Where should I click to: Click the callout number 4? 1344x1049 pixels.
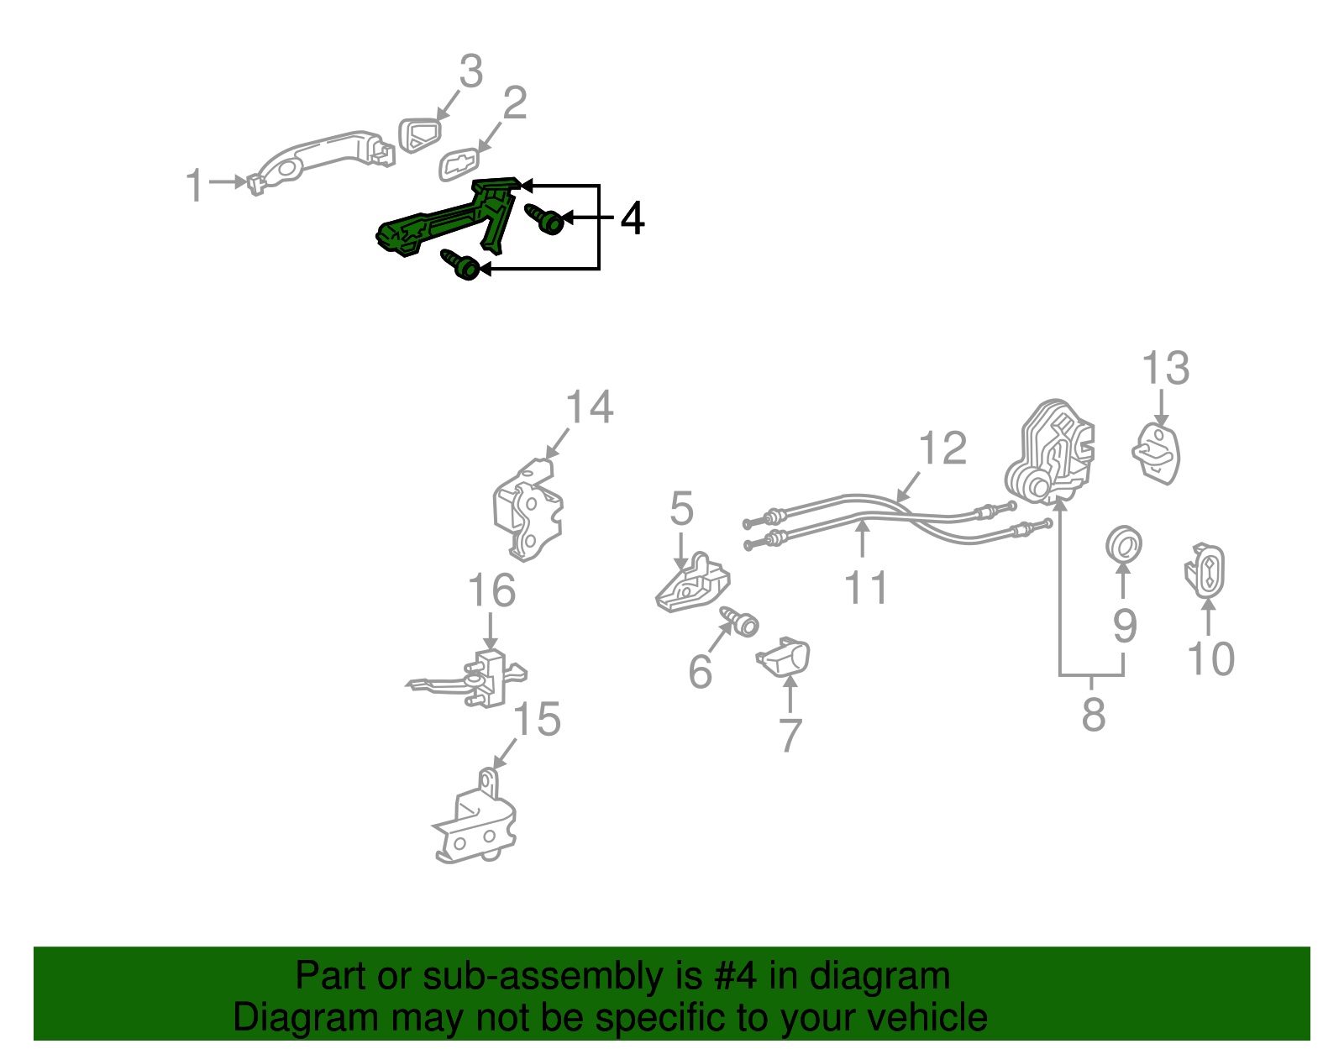[633, 218]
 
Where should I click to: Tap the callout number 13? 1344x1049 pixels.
[1165, 369]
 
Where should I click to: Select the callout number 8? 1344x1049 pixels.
[1094, 714]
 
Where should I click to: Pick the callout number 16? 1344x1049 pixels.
[491, 590]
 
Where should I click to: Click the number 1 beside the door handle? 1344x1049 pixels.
[196, 184]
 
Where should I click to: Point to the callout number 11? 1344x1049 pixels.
[865, 587]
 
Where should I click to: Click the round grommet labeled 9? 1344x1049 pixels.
[1124, 545]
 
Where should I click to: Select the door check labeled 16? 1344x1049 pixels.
[471, 679]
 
